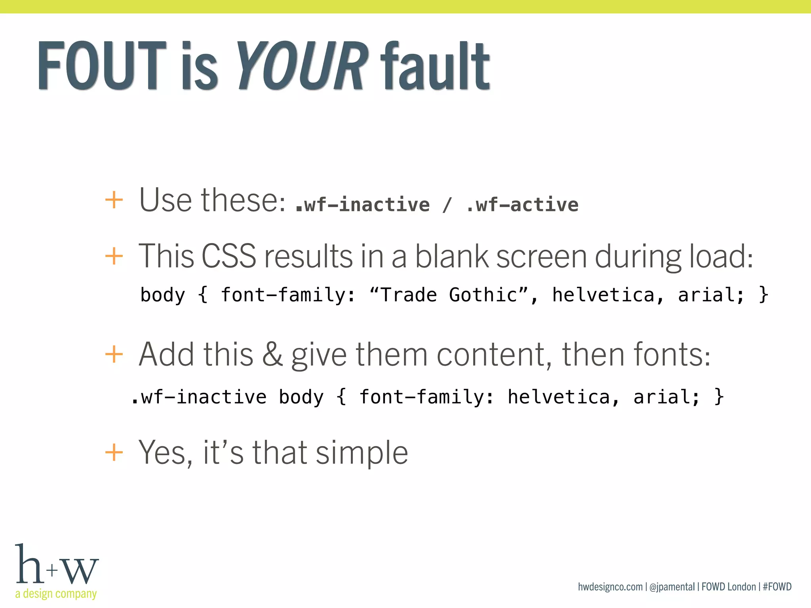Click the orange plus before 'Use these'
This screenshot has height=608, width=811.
[114, 200]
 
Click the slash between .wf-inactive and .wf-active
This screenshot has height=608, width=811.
[447, 205]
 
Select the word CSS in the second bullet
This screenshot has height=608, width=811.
[229, 256]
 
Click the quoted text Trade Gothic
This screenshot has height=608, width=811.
[449, 295]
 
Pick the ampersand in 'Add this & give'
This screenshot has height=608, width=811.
[272, 354]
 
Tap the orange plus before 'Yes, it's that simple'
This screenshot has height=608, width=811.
[114, 452]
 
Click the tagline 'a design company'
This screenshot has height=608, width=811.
[56, 594]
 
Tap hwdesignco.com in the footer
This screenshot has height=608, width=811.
[610, 587]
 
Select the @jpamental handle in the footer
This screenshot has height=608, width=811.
[672, 587]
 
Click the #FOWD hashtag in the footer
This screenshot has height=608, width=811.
[777, 587]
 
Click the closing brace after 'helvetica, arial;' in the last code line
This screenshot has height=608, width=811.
[719, 397]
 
